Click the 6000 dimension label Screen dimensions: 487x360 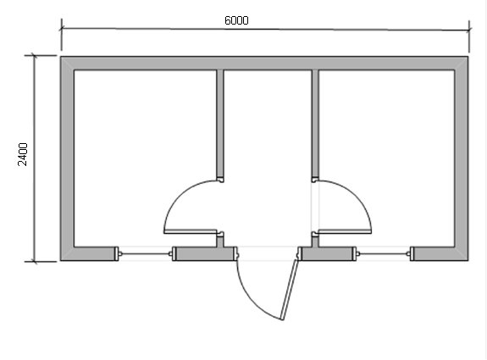(x=236, y=20)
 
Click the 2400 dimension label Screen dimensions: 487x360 (x=23, y=154)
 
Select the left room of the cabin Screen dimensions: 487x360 (x=145, y=158)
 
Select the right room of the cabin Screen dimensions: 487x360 (x=387, y=158)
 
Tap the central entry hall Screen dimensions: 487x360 (x=268, y=158)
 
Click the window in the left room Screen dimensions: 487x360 (x=145, y=254)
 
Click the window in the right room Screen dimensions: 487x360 (x=383, y=254)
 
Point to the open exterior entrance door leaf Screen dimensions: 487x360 (x=291, y=290)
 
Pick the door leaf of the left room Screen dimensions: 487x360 (x=190, y=231)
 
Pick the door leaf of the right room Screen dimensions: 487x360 (x=345, y=231)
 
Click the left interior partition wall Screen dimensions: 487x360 (x=220, y=125)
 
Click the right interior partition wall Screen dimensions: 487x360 (x=315, y=125)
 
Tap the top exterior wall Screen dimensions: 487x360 (x=264, y=63)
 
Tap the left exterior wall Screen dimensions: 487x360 (x=67, y=158)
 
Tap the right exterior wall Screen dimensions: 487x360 (x=462, y=158)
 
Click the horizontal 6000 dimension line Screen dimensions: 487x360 (x=265, y=29)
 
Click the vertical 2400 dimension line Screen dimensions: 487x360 (x=35, y=158)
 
